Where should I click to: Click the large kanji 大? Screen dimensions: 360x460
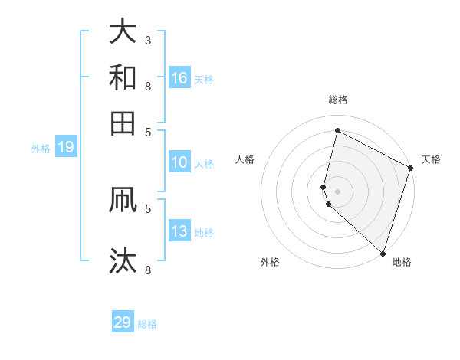(123, 32)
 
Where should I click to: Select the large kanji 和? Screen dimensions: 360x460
(123, 78)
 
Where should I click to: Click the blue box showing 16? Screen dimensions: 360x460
(179, 78)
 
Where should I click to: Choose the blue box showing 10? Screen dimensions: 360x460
(179, 162)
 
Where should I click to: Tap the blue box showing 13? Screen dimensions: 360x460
(179, 232)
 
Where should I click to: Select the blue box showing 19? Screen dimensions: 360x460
(65, 148)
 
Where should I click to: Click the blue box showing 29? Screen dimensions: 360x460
(123, 322)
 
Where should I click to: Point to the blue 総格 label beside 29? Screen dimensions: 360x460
(147, 324)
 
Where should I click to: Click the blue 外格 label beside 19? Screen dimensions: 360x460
(41, 149)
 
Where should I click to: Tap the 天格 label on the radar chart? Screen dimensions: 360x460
(431, 159)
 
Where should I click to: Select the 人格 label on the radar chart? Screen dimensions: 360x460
(245, 159)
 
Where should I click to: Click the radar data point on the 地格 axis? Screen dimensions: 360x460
(382, 253)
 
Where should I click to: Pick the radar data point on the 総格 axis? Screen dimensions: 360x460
(337, 131)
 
